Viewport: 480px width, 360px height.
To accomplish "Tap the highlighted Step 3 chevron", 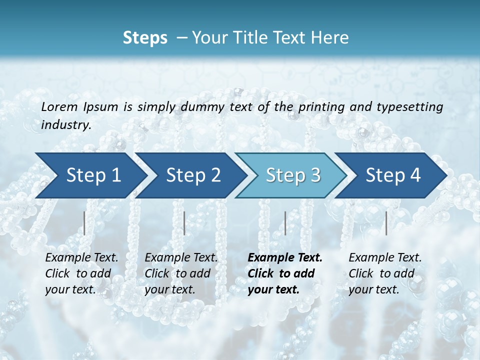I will click(x=293, y=175).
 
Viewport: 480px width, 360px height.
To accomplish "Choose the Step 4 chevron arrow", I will click(x=393, y=175).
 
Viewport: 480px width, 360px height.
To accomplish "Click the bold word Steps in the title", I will click(x=145, y=37).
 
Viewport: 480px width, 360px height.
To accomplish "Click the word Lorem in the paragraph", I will click(x=59, y=106).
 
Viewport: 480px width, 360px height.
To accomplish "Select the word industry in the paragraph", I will click(x=66, y=125).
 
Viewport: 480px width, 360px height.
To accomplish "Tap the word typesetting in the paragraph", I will click(x=412, y=106).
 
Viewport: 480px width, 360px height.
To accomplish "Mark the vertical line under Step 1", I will click(x=84, y=223).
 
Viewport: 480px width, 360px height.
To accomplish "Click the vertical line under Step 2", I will click(x=184, y=223).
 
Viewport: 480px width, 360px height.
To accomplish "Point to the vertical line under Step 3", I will click(x=285, y=223).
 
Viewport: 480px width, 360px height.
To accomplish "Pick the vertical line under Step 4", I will click(x=386, y=223).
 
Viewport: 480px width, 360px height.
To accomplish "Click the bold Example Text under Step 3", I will click(x=285, y=258).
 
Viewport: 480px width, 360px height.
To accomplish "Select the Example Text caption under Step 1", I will click(x=81, y=258).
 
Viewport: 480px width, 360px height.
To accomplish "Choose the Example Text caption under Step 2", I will click(x=181, y=258).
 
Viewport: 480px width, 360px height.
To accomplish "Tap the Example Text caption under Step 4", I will click(x=385, y=258).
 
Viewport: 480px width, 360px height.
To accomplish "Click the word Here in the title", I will click(x=331, y=37).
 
